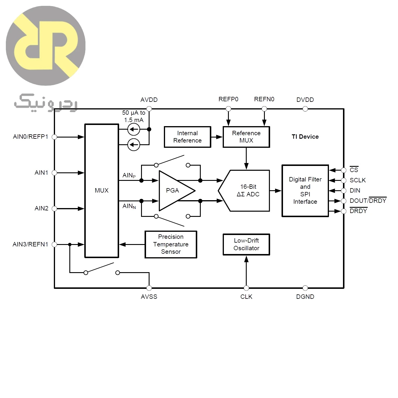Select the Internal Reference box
point(187,137)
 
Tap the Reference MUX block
point(246,137)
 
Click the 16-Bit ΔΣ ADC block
point(244,191)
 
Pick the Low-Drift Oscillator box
point(246,244)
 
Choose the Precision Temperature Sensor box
point(171,244)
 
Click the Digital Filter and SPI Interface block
point(305,191)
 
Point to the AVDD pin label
point(149,100)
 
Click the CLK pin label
point(246,296)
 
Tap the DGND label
point(305,296)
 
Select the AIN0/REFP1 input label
point(30,137)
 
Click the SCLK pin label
point(358,180)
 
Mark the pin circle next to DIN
point(344,191)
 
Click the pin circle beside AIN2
point(54,209)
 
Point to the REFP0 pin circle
point(228,109)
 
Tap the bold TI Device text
point(305,137)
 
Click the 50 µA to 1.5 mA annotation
point(134,116)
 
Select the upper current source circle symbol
point(134,130)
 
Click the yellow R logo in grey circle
point(46,46)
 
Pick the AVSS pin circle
point(149,288)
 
